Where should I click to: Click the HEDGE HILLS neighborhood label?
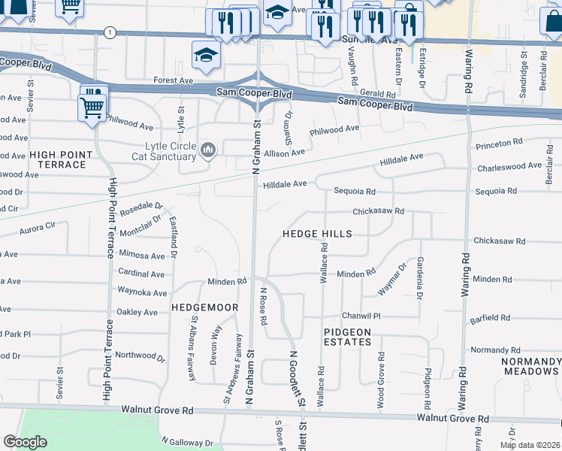[317, 234]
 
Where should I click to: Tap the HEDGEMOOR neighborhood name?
[204, 307]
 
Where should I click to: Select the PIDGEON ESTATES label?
[348, 337]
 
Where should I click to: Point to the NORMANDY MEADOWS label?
[530, 366]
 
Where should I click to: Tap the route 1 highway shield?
[110, 32]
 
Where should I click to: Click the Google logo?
[25, 442]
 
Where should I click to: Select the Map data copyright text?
[530, 445]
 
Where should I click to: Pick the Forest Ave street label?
[174, 80]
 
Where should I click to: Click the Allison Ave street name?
[283, 152]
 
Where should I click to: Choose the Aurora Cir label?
[38, 225]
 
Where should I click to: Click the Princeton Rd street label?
[499, 142]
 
